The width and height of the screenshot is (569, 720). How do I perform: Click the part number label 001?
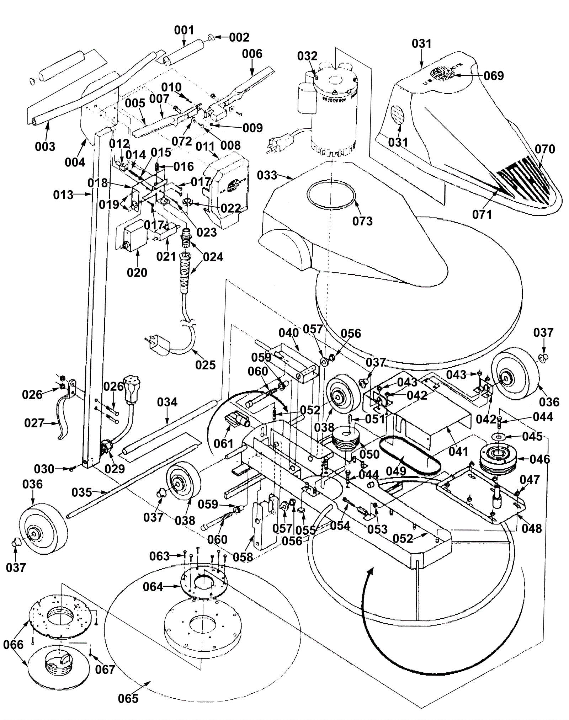click(x=184, y=30)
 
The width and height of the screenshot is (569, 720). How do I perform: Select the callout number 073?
click(x=362, y=221)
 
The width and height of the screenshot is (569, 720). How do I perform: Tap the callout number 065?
click(x=128, y=698)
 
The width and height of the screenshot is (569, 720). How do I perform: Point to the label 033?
click(x=267, y=175)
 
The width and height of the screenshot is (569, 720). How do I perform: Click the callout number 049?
click(x=396, y=471)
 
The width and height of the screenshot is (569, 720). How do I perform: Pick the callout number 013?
click(x=63, y=195)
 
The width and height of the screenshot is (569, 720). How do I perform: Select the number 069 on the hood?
click(x=494, y=76)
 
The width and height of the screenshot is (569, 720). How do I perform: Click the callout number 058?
click(x=243, y=557)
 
